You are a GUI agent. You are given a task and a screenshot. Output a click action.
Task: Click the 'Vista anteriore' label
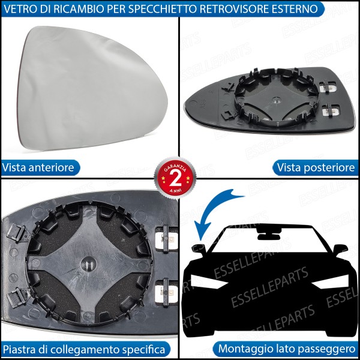38,167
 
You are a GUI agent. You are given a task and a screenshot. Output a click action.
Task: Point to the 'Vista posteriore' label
317,167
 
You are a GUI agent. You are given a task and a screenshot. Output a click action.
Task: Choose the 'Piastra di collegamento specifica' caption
84,349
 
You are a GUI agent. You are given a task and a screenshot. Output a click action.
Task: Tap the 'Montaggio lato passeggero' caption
287,349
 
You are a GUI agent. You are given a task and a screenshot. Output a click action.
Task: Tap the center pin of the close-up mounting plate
88,262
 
